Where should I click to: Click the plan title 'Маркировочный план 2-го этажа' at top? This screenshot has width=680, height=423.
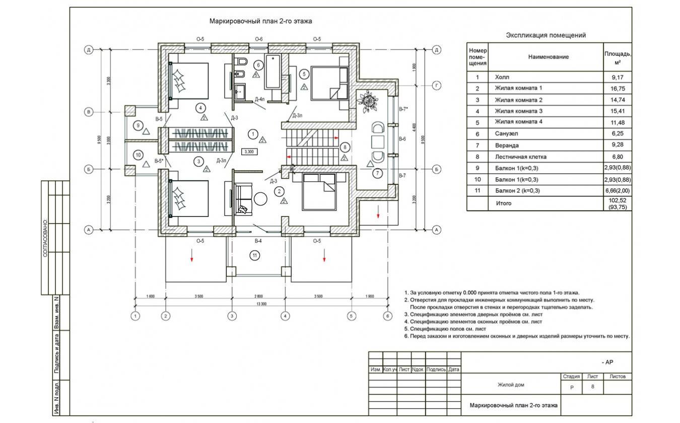[261, 21]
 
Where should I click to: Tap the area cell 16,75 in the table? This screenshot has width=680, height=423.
[618, 89]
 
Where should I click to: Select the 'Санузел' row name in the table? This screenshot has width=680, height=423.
[506, 134]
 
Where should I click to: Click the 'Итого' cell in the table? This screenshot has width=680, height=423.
[503, 203]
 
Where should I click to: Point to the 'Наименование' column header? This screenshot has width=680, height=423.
[548, 57]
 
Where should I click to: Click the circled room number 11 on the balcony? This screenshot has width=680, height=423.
[255, 256]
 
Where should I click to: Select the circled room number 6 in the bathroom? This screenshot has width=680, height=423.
[258, 64]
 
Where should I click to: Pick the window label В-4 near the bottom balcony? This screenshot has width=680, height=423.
[257, 241]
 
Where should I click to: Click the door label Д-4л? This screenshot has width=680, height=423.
[260, 99]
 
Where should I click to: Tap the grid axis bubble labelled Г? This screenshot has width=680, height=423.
[437, 86]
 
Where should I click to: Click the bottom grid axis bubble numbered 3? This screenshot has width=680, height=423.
[232, 316]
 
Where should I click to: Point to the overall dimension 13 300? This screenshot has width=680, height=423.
[261, 304]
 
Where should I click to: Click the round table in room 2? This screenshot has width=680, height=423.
[260, 198]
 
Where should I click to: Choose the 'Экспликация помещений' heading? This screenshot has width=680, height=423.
[546, 35]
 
